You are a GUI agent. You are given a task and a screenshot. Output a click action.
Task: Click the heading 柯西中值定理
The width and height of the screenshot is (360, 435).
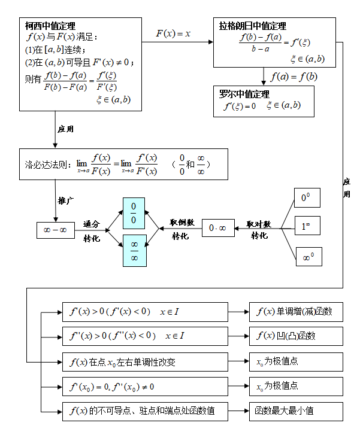point(50,26)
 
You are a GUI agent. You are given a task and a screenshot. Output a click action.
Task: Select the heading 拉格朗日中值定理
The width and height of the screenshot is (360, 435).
point(252,26)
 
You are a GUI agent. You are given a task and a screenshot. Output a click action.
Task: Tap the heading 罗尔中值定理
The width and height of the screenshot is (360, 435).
point(244,94)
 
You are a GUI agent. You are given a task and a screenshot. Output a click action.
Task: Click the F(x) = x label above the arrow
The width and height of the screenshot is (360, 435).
point(173,34)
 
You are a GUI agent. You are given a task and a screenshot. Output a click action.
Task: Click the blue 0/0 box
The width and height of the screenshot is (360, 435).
point(134,213)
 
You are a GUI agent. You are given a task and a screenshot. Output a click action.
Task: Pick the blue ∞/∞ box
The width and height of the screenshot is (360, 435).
point(134,250)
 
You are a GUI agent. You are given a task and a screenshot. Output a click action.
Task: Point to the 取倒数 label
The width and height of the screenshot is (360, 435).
point(182,222)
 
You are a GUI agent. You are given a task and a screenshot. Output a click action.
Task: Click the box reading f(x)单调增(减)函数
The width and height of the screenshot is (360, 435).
point(296,312)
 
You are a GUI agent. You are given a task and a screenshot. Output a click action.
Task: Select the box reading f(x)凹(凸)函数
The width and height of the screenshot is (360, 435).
point(296,336)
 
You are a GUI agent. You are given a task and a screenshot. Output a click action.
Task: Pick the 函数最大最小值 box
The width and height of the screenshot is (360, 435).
point(296,411)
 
